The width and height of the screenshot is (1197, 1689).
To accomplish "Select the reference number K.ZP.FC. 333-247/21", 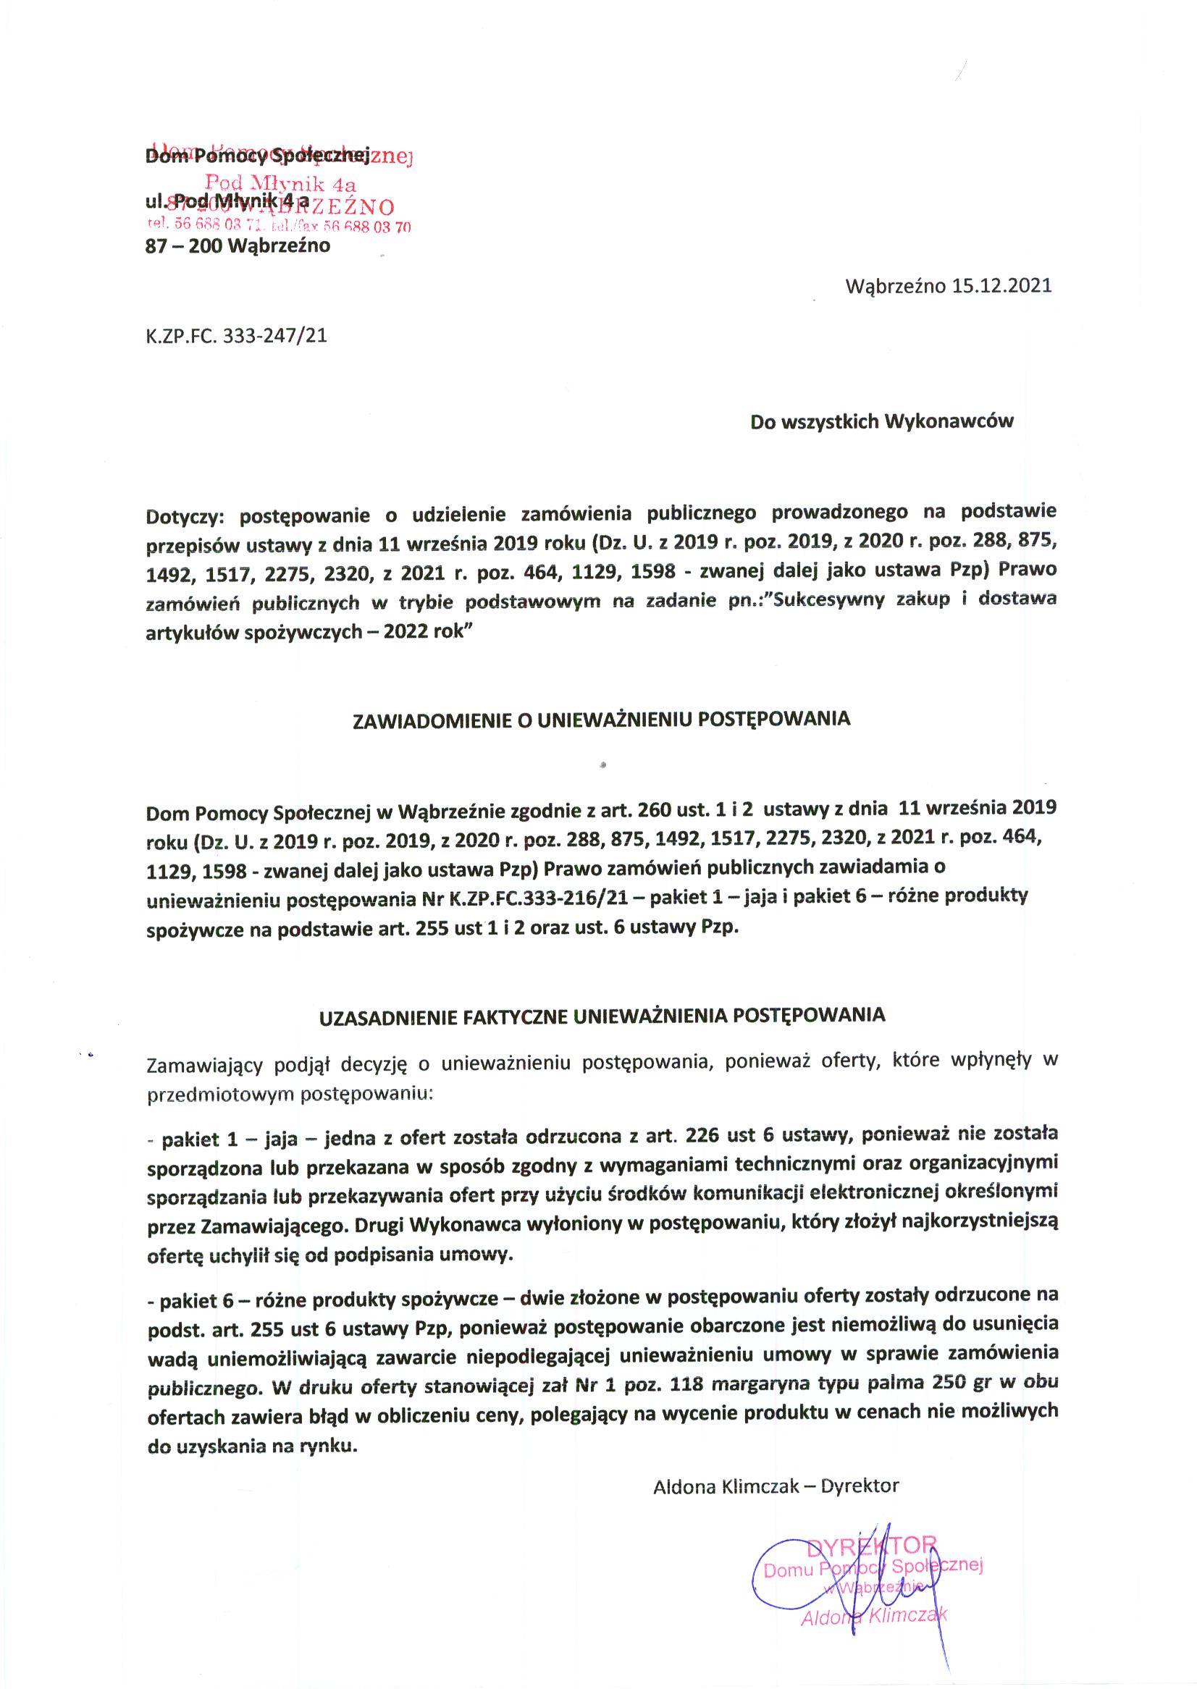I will (x=237, y=336).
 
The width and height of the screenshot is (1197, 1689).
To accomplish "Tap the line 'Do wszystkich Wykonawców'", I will (x=881, y=421).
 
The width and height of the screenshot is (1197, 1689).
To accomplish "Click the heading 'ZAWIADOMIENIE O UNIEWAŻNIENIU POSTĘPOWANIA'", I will (x=602, y=719).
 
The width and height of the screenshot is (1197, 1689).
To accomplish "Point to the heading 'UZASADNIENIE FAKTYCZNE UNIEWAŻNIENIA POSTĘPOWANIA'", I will (x=602, y=1016).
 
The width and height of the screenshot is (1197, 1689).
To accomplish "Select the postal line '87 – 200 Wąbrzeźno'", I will (x=238, y=245).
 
